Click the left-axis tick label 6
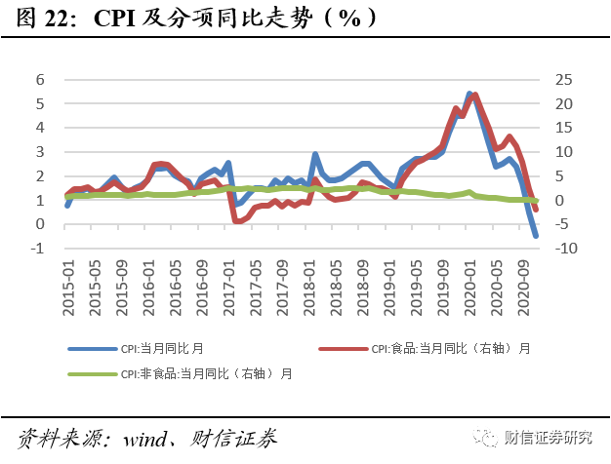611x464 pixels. coord(40,80)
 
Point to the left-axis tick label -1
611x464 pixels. coord(37,249)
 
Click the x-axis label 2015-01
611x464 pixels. coord(68,286)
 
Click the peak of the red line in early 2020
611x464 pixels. coord(475,95)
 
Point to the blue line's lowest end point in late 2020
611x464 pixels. coord(536,236)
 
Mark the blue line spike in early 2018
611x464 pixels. coord(315,154)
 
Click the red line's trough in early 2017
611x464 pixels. coord(238,221)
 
